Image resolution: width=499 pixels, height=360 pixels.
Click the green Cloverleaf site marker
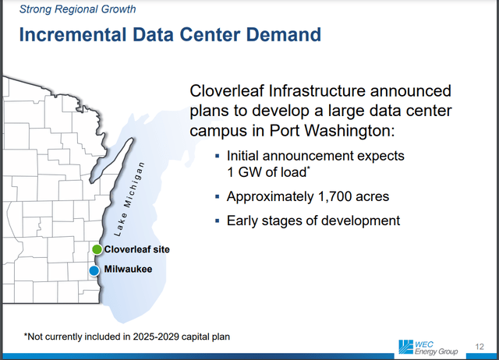97,249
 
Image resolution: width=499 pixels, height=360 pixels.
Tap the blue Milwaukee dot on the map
94,270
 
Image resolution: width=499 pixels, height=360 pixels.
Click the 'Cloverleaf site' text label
136,249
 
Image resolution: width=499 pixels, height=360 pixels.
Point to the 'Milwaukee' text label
127,270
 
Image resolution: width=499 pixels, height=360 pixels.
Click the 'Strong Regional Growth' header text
76,10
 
